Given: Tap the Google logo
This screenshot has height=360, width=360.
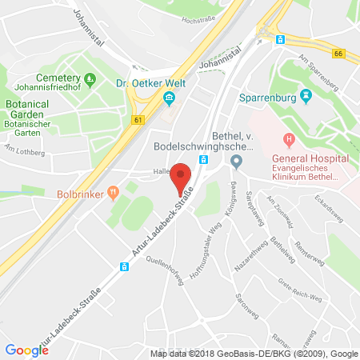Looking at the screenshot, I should [x=26, y=350].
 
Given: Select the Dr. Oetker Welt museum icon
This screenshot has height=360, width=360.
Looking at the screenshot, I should [x=169, y=98].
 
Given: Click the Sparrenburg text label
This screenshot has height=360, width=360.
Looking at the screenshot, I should [x=269, y=98].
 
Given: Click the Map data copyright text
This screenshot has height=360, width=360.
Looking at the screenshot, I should [x=254, y=353].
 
